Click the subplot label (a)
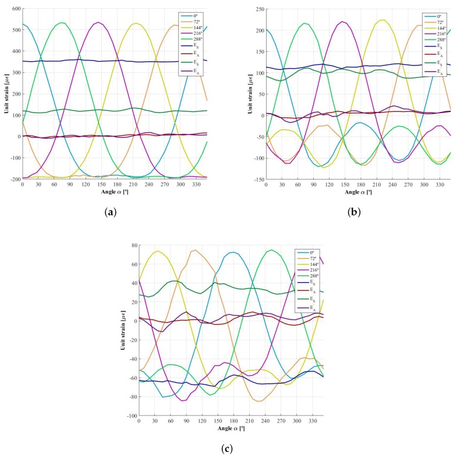pos(115,212)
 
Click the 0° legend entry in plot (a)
pos(192,16)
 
